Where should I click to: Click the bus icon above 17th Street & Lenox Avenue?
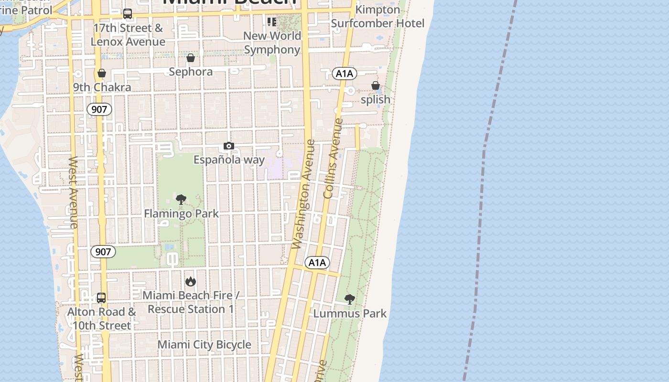[128, 14]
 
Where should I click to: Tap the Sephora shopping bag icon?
[191, 58]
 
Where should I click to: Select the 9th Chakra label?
[102, 87]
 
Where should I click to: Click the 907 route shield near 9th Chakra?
[99, 109]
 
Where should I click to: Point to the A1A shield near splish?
[345, 73]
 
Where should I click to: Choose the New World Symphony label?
[272, 42]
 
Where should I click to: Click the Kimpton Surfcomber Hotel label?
[378, 17]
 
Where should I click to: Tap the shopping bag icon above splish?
[376, 86]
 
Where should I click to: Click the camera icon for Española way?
[229, 146]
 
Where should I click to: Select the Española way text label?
[229, 159]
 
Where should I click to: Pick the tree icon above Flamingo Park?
[181, 200]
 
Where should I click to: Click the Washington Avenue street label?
[303, 194]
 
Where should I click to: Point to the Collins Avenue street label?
[333, 159]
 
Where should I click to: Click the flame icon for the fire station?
[191, 281]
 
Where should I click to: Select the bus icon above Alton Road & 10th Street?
[101, 298]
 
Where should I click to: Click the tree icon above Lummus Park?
[350, 299]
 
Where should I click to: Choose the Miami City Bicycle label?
[204, 344]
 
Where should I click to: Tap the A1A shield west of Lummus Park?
[317, 262]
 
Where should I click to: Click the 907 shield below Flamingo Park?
[103, 252]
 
